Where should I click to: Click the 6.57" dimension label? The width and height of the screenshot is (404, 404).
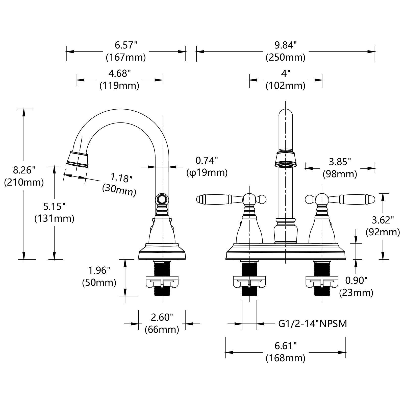[126, 45]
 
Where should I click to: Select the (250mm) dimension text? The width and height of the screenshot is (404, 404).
[285, 58]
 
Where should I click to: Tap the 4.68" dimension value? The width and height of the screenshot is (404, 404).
[119, 74]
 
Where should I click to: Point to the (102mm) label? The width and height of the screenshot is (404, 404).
[285, 86]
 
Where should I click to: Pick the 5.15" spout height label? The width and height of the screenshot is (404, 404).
[54, 207]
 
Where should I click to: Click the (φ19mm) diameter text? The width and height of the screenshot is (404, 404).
[207, 173]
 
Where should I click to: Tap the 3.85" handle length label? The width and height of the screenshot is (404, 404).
[340, 162]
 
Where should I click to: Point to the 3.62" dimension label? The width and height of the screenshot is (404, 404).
[383, 220]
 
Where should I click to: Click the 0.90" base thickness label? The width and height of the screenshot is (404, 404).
[356, 280]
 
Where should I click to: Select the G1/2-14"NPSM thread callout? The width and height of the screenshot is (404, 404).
[313, 323]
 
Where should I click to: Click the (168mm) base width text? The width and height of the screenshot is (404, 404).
[285, 358]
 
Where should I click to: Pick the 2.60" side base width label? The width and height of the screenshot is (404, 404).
[162, 317]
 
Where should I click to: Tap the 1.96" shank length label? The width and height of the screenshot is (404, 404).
[99, 271]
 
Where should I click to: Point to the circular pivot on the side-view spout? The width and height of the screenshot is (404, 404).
[162, 199]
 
